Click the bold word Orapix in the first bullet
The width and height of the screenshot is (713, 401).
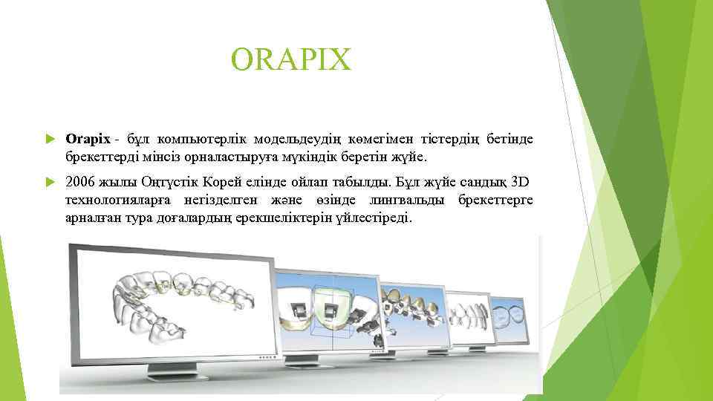(x=87, y=139)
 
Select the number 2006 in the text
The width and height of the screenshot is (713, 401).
(x=80, y=182)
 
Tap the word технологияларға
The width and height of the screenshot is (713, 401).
(x=120, y=201)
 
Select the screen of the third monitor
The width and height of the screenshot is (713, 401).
(x=413, y=312)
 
